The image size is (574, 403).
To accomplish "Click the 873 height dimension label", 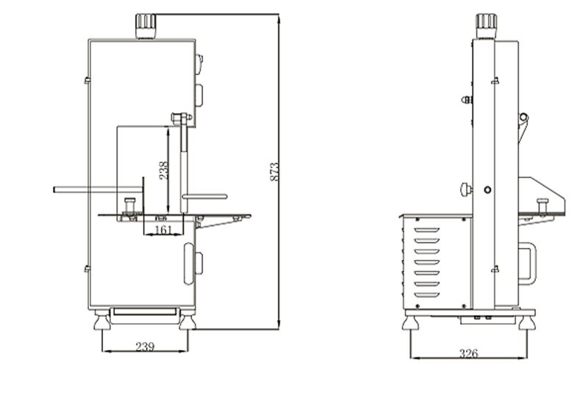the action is coord(275,172).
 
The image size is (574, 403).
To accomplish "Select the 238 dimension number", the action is coord(164,170).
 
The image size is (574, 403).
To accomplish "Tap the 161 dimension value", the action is coord(163,230).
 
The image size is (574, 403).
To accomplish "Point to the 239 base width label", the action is coord(145,346).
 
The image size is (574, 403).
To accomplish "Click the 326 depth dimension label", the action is coord(469,353).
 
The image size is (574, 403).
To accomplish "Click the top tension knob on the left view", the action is coord(146,26).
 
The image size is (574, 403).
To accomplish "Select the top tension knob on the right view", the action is coord(486,26).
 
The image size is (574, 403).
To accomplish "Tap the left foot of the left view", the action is coord(102,320).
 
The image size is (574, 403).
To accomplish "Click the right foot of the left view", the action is coord(187,320).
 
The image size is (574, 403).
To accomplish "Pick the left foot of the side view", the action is coord(410,323).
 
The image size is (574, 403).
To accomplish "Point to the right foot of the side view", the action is coord(527,323).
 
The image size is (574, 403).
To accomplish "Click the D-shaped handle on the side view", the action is coord(528,264).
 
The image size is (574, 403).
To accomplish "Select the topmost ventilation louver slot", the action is coord(427,230).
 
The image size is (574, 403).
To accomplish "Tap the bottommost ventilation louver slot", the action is coord(427,295).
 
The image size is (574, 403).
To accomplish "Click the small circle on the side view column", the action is coord(487,189).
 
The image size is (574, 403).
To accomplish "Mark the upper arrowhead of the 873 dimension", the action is coord(279,18).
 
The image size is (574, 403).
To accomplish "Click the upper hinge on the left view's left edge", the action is coord(87,80).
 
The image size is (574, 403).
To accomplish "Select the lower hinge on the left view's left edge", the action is coord(87,269).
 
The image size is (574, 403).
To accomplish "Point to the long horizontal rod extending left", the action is coord(98,189).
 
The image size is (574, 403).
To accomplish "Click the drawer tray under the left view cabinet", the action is coord(145,312).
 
